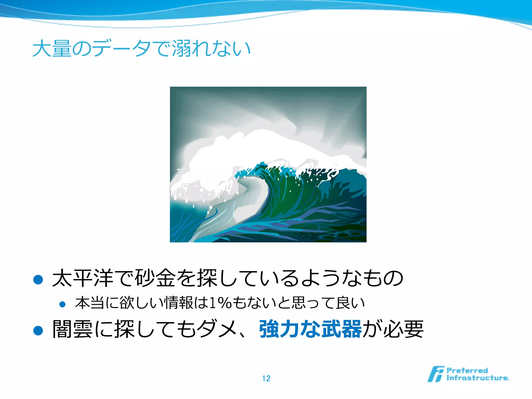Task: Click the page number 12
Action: click(x=266, y=378)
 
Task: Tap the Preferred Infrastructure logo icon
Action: click(x=436, y=374)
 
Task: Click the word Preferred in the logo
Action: click(x=467, y=371)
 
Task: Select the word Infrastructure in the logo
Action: click(x=477, y=378)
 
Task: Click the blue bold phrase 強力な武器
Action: click(x=310, y=329)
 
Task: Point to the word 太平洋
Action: click(x=83, y=278)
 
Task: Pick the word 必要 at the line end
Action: click(x=403, y=329)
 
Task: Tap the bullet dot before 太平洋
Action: click(x=38, y=280)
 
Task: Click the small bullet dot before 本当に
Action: click(x=62, y=304)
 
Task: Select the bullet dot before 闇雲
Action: click(x=38, y=331)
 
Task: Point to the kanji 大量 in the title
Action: click(x=52, y=48)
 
